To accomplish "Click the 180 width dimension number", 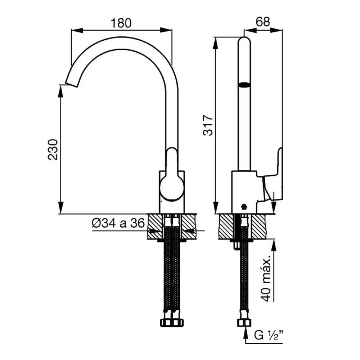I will [x=121, y=23].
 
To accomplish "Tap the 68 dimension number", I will [x=263, y=22].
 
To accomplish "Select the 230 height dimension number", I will [x=53, y=149].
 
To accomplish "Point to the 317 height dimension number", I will [x=208, y=125].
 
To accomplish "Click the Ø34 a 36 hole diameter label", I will [x=118, y=224].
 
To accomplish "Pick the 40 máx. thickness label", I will [x=266, y=279].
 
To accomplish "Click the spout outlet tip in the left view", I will [x=71, y=84].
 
